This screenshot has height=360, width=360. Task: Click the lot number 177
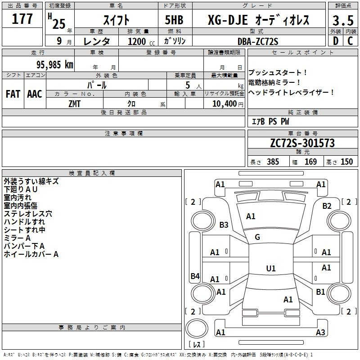(22, 19)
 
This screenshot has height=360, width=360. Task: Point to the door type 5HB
(175, 21)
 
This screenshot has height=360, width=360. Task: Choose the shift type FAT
(13, 94)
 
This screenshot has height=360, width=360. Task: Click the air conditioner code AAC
(35, 94)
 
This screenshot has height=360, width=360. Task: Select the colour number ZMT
(74, 103)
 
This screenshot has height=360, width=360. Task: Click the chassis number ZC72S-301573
(302, 143)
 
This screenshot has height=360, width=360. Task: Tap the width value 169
(310, 162)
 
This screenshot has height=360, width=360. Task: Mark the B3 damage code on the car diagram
(224, 225)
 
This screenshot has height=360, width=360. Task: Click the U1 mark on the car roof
(270, 269)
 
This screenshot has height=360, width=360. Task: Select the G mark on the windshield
(257, 237)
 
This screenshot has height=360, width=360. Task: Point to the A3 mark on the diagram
(320, 333)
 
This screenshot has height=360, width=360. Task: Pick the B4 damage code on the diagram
(195, 276)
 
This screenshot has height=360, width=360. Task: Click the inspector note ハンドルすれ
(24, 222)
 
